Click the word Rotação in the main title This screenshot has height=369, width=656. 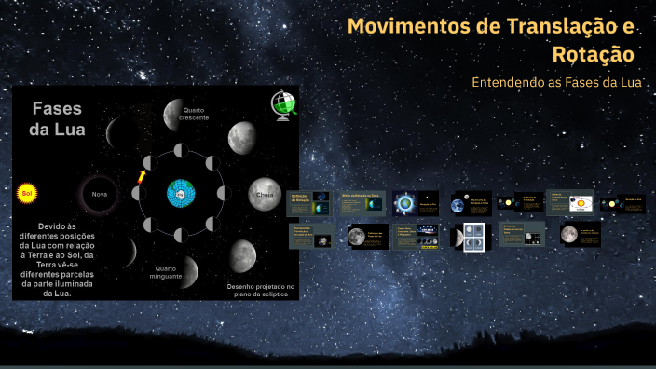(593, 55)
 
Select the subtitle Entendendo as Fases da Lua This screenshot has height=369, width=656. (559, 83)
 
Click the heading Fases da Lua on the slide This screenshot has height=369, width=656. (58, 119)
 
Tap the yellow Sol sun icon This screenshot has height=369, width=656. (27, 194)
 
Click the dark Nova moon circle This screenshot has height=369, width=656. (99, 195)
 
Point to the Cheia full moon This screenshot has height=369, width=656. (266, 195)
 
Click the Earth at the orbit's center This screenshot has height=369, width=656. (181, 194)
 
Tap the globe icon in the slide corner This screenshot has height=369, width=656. (282, 104)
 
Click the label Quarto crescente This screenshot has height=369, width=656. (193, 115)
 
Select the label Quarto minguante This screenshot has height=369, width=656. (166, 272)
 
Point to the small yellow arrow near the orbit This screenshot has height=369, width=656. (142, 176)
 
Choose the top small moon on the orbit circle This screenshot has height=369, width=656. (181, 151)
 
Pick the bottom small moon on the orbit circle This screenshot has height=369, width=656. (181, 236)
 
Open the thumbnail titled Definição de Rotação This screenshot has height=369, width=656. (309, 202)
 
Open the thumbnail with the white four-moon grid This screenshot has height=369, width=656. (471, 236)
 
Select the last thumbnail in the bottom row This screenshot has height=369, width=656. (581, 236)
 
